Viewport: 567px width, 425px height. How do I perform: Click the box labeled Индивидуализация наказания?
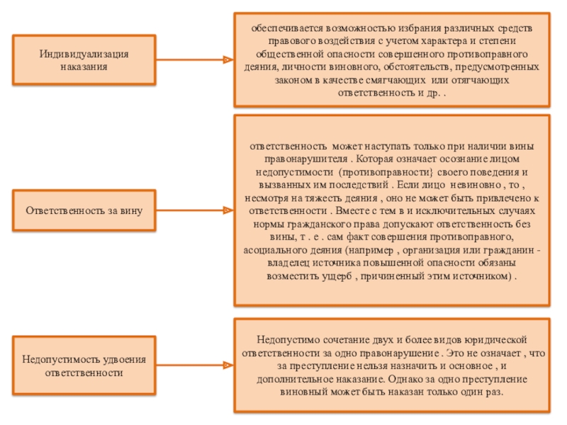(84, 60)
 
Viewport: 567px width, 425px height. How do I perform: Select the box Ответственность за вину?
(84, 210)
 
